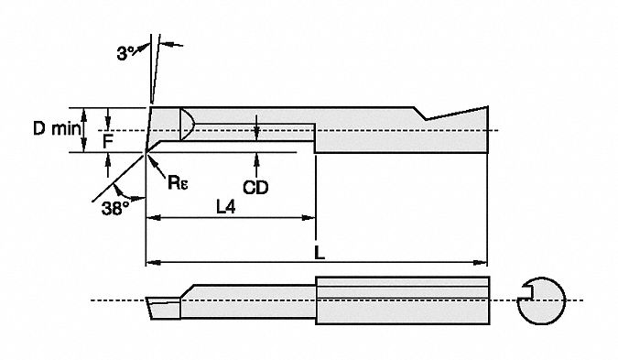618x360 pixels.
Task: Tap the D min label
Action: [57, 129]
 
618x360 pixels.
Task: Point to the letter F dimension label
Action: [108, 141]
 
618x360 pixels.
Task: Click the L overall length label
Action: [316, 250]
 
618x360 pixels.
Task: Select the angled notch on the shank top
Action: [425, 114]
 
